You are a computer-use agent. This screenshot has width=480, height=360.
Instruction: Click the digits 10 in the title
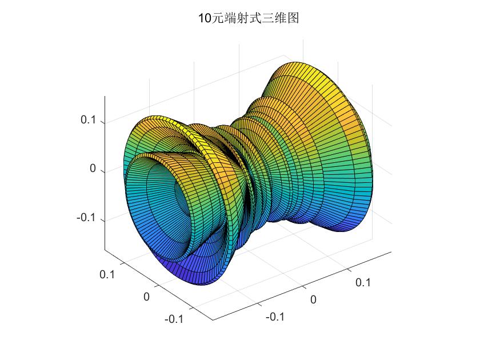pos(204,19)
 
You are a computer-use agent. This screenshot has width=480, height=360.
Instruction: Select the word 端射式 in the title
pos(240,19)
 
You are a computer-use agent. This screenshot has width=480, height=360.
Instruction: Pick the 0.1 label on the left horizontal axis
pos(107,274)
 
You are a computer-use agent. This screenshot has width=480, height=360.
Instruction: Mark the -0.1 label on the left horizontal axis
pos(174,319)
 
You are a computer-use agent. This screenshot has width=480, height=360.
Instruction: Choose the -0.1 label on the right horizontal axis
pos(275,317)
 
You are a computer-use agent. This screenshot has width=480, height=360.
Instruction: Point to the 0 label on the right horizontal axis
pos(313,299)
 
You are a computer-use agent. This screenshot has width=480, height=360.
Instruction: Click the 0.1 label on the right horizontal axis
pos(363,282)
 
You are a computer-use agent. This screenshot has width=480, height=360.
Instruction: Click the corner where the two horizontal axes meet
pos(213,320)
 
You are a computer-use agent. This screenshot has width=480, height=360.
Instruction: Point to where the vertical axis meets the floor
pos(105,249)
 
